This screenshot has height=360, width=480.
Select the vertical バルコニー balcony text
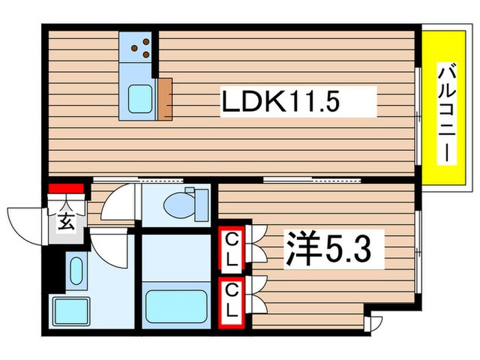[446, 112]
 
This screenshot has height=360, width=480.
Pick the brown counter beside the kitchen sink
[165, 99]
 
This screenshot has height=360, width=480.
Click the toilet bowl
[181, 204]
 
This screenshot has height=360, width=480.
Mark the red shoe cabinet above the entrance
[65, 188]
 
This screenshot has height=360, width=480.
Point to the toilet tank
[202, 204]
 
